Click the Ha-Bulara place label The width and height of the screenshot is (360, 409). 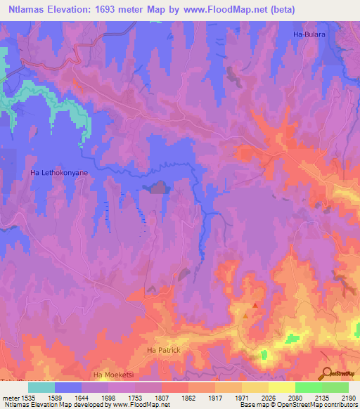(310, 34)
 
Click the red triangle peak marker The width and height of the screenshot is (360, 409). (255, 305)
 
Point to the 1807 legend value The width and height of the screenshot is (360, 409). (161, 396)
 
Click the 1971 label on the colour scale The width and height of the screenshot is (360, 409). (241, 396)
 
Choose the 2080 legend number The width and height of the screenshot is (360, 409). (295, 396)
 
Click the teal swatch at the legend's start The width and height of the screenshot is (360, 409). (41, 387)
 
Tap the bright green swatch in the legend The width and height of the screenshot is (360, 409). (308, 387)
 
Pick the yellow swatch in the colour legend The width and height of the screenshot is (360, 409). (281, 387)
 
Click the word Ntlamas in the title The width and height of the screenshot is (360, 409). (25, 9)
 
